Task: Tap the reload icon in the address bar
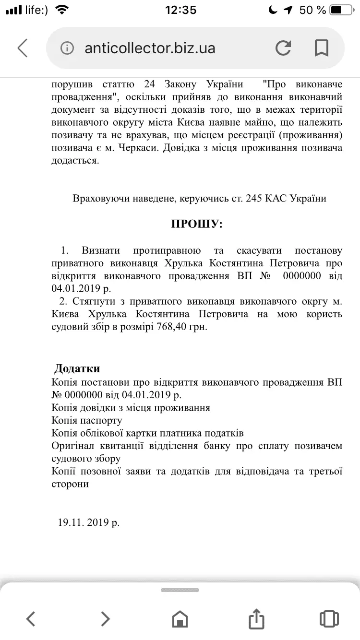283,48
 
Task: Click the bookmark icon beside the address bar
321,48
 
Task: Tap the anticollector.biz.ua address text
150,48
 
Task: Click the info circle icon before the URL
68,48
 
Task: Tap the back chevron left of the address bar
23,48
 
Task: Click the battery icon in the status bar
342,10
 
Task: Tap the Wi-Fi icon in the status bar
61,10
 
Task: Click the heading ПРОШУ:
197,224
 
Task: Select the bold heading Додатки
77,368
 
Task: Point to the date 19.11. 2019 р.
89,522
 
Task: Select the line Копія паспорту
87,420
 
